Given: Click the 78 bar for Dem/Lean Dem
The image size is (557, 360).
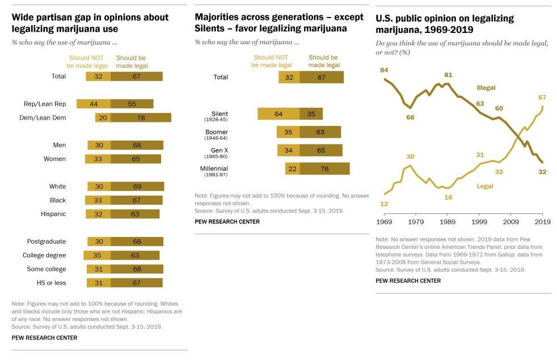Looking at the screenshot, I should point(140,118).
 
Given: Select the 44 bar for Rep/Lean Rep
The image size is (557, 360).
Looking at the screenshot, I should point(93,104).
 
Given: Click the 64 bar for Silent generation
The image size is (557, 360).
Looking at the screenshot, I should point(278,114).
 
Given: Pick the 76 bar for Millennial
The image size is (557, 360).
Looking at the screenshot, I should point(324,169).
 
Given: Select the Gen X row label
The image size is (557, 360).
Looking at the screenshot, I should point(216,150).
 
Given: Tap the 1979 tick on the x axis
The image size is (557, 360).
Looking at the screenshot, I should point(416,221).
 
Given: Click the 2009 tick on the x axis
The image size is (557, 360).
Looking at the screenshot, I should point(511,221).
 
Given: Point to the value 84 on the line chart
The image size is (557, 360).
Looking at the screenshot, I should point(384,70).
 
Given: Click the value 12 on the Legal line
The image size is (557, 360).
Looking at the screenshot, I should point(384,204).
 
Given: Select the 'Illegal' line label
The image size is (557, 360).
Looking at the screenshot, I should point(486,88).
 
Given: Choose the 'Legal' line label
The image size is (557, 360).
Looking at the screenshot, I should point(485,186).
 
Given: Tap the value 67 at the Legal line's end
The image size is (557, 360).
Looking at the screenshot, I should point(542,98).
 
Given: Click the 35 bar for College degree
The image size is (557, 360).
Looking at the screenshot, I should point(97,256).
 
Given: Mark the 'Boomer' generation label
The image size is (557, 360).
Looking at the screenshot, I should point(217,132).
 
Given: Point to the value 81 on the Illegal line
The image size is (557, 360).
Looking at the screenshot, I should point(448,75).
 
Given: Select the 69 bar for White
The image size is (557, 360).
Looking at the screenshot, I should point(137,187).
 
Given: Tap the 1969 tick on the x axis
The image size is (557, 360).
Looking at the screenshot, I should point(384,221).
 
